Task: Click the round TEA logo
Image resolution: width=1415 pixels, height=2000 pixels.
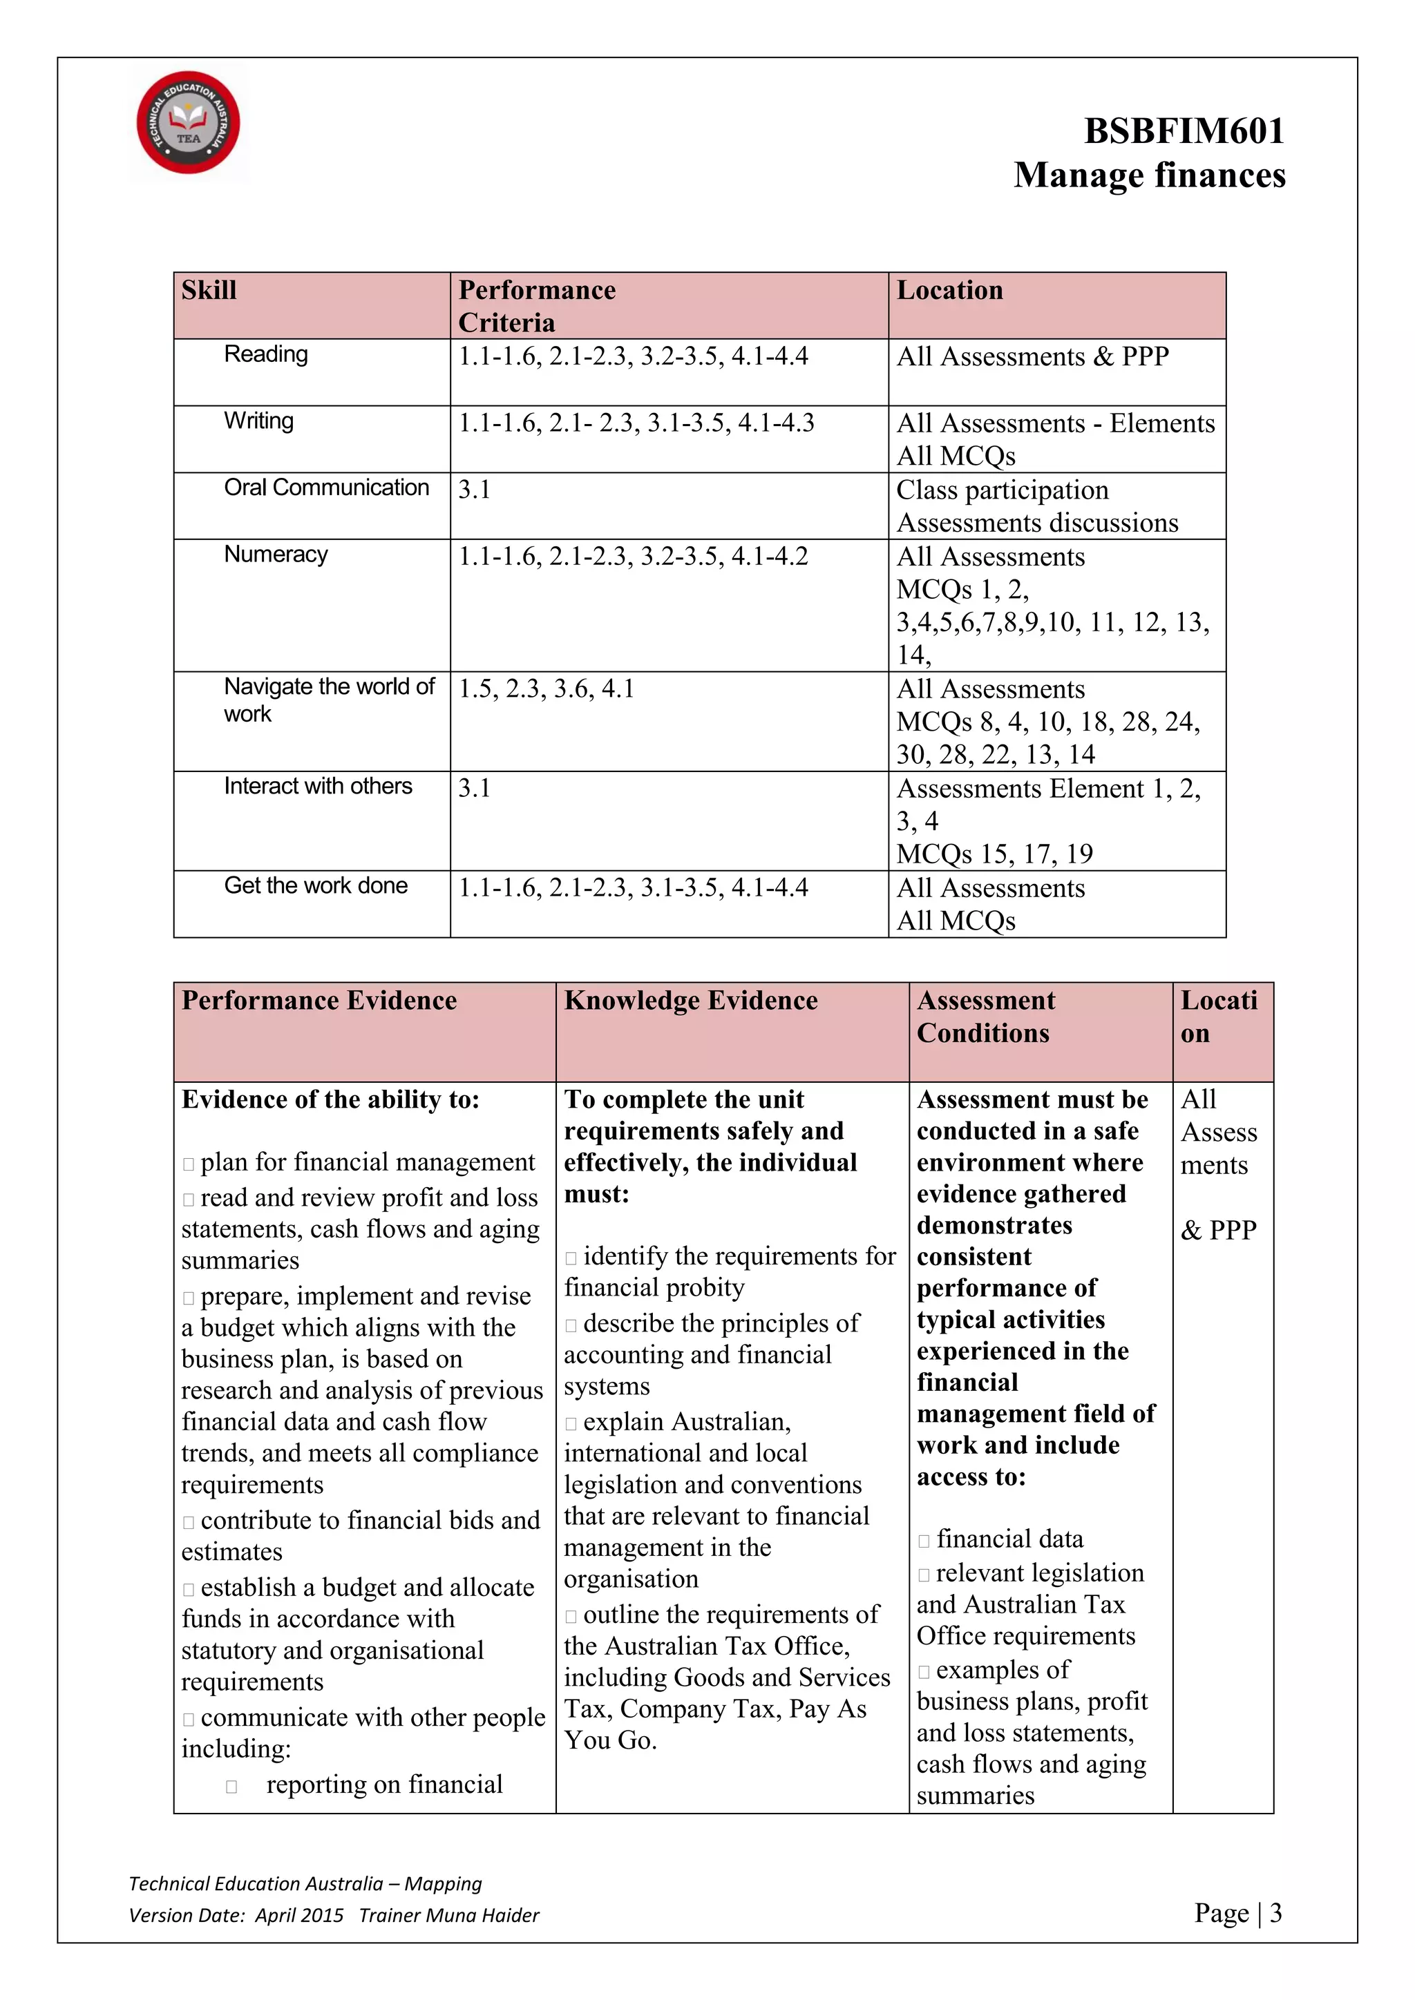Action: (x=188, y=123)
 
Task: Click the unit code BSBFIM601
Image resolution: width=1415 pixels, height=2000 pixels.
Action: (x=1184, y=131)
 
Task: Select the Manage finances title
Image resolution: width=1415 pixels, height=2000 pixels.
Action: (x=1148, y=175)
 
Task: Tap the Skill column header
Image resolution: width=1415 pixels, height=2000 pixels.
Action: (x=209, y=290)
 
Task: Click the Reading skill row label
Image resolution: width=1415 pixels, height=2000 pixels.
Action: (x=266, y=354)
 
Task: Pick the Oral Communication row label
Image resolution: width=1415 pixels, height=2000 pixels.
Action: (x=326, y=488)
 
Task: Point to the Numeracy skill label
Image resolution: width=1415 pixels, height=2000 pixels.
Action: (x=276, y=555)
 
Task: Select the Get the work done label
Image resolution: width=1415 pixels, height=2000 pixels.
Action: (x=316, y=886)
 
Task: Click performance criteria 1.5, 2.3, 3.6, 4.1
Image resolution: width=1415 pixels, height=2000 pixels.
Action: (x=547, y=689)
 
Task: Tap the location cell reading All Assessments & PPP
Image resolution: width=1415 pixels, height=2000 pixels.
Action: (x=1032, y=357)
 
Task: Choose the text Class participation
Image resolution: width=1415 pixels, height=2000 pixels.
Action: (x=1002, y=490)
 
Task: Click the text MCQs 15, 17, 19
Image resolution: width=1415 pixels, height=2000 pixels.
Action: (x=994, y=854)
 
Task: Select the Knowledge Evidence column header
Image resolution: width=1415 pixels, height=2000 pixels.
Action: (x=690, y=1001)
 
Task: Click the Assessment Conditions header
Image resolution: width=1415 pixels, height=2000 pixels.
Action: (x=985, y=1017)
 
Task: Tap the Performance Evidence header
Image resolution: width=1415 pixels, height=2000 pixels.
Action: (x=319, y=1001)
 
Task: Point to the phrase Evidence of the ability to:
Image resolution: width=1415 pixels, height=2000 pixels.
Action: (x=330, y=1100)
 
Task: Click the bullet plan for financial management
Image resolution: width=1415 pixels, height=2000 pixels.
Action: (x=367, y=1163)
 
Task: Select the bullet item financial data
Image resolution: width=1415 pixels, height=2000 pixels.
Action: (x=1009, y=1539)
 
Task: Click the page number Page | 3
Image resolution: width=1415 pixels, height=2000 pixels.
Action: (x=1237, y=1913)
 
